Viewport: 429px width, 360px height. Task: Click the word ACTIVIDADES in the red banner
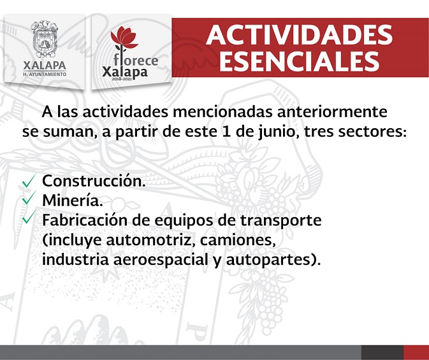click(x=300, y=35)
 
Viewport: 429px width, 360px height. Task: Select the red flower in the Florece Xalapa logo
click(x=124, y=38)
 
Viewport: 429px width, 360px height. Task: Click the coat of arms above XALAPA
click(x=45, y=39)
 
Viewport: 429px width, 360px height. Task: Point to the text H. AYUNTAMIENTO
click(x=45, y=74)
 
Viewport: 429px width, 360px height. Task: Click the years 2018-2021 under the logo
click(x=122, y=79)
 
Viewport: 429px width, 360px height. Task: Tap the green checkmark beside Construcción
click(x=29, y=181)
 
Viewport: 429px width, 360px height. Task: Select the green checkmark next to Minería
click(x=29, y=198)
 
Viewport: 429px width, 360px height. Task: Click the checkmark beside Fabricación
click(x=29, y=217)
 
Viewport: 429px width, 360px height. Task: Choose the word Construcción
click(x=94, y=181)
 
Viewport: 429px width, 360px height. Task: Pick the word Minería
click(x=73, y=200)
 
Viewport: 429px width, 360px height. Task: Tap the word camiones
click(x=237, y=240)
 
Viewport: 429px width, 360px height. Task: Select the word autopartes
click(x=269, y=260)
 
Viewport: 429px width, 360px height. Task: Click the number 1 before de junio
click(x=225, y=132)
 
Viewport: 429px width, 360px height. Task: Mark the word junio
click(x=278, y=133)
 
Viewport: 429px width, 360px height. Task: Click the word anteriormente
click(x=332, y=112)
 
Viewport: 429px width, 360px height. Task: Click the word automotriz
click(x=150, y=240)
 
